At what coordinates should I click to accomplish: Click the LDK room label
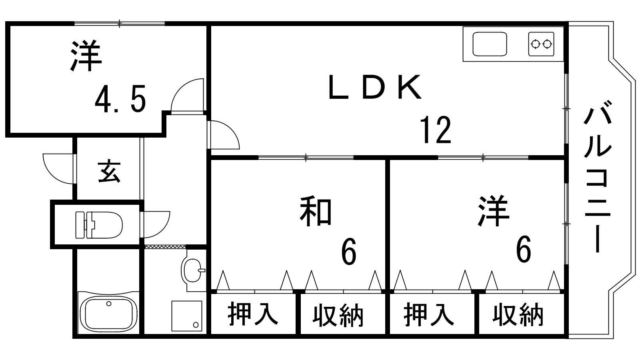tap(375, 87)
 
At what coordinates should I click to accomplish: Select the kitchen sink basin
tap(490, 44)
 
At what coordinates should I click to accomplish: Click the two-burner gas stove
tap(541, 44)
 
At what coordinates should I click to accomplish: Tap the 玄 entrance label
tap(109, 172)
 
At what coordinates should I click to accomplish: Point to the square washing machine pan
tap(187, 316)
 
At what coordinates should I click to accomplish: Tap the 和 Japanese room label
tap(316, 211)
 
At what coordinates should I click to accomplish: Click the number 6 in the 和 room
tap(349, 251)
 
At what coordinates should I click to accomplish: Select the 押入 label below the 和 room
tap(253, 314)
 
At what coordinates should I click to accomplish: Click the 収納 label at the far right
tap(518, 315)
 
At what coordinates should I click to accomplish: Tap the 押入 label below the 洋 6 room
tap(429, 314)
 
